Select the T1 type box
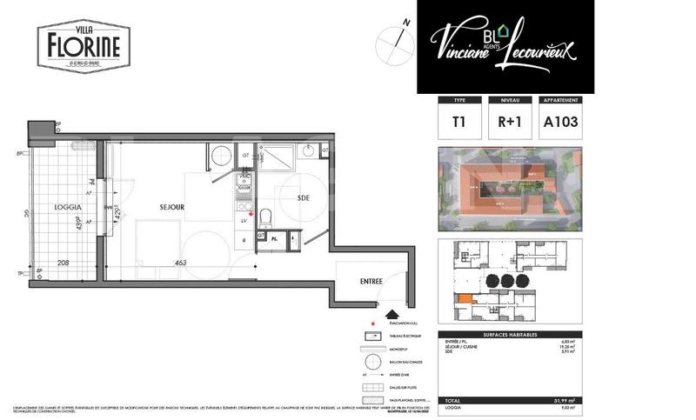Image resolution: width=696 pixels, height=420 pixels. pos(458,123)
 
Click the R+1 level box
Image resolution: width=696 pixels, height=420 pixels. pos(509,123)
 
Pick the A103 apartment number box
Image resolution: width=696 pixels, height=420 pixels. pos(560,123)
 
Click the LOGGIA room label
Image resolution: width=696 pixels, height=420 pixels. pos(67,208)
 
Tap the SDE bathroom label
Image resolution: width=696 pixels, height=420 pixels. pos(304,198)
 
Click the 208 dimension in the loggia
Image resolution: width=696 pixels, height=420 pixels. pos(64,262)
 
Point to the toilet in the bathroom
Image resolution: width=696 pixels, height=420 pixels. pos(268,216)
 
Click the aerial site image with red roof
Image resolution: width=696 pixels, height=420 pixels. pos(509,190)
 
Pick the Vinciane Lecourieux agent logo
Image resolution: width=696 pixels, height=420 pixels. pos(505,45)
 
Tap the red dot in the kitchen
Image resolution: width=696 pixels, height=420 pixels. pos(251,213)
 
